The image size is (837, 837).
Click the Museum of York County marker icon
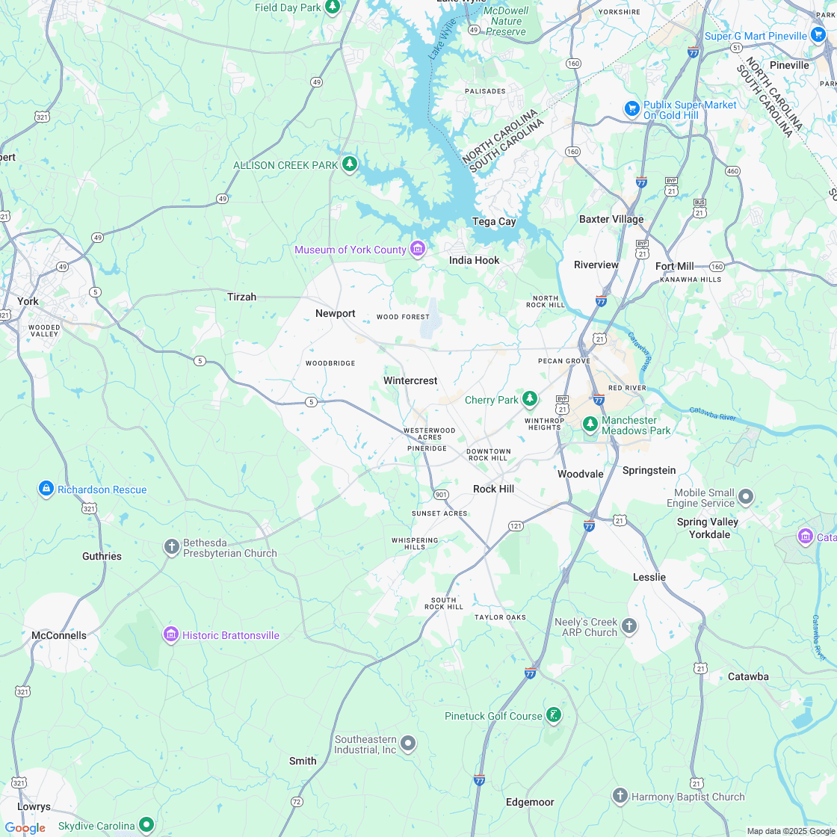pyautogui.click(x=418, y=249)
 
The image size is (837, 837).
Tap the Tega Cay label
pyautogui.click(x=494, y=221)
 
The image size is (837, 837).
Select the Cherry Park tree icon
pyautogui.click(x=530, y=399)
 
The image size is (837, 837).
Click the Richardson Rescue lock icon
pyautogui.click(x=46, y=489)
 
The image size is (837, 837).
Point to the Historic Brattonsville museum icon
pyautogui.click(x=171, y=635)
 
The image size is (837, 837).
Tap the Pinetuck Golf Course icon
pyautogui.click(x=554, y=715)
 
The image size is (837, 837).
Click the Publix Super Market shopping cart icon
pyautogui.click(x=632, y=109)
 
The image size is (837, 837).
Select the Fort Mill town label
pyautogui.click(x=674, y=266)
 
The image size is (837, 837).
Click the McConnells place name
pyautogui.click(x=59, y=635)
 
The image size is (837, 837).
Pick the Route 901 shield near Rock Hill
pyautogui.click(x=441, y=495)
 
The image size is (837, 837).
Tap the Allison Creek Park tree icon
pyautogui.click(x=349, y=164)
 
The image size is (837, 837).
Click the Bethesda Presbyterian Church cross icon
pyautogui.click(x=171, y=547)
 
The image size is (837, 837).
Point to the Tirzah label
pyautogui.click(x=241, y=297)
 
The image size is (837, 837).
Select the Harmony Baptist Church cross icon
pyautogui.click(x=620, y=796)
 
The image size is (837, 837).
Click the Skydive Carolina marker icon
pyautogui.click(x=146, y=825)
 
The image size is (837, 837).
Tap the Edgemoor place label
pyautogui.click(x=530, y=802)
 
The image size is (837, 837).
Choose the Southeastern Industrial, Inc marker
pyautogui.click(x=408, y=744)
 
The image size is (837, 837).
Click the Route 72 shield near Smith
pyautogui.click(x=297, y=802)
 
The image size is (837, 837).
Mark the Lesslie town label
pyautogui.click(x=649, y=577)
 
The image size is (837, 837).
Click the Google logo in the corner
pyautogui.click(x=25, y=827)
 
